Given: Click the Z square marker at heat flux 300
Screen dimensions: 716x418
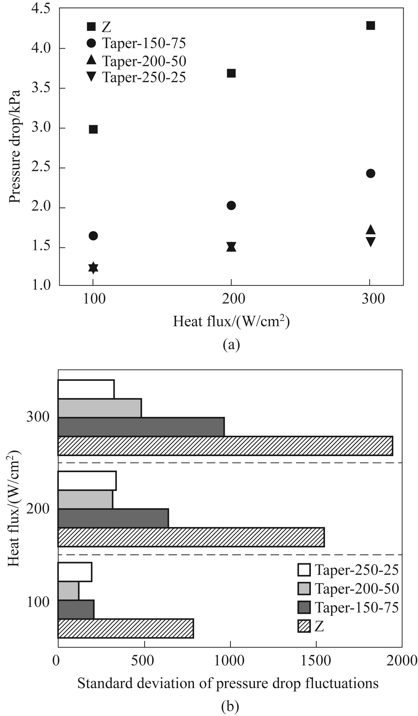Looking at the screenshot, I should (370, 26).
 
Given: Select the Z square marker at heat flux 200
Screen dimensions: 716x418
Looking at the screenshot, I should (231, 73).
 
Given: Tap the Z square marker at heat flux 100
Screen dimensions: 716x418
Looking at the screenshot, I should (93, 129).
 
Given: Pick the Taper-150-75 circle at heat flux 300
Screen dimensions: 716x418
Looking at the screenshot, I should (370, 173).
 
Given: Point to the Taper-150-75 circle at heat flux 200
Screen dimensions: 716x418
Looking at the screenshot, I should (231, 205).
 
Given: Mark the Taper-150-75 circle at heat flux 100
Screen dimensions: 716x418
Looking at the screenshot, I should (93, 236).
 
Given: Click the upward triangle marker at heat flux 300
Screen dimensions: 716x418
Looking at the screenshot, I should (370, 230).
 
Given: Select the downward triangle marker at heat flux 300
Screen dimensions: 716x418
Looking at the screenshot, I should (370, 242).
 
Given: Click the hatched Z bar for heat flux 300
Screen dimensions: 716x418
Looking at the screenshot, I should (225, 446).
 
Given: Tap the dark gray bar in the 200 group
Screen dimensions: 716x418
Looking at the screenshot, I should (113, 518).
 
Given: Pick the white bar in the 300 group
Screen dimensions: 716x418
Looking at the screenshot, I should (86, 389).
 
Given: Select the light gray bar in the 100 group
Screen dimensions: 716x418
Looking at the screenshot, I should (68, 591).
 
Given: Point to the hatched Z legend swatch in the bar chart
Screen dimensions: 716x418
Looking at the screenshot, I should (304, 626).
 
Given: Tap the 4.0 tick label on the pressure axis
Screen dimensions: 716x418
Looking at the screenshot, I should (41, 48).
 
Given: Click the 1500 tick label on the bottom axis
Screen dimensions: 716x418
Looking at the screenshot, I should (315, 661).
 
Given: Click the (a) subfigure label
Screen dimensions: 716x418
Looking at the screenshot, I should (231, 345).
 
